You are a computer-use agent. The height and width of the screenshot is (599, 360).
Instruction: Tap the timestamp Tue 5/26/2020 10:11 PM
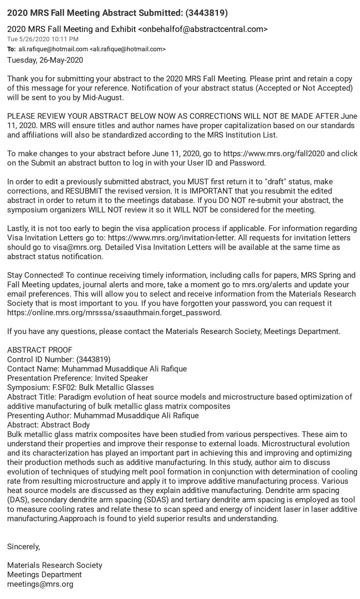click(x=43, y=39)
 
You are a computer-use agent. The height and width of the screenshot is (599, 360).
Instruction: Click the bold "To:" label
click(x=11, y=49)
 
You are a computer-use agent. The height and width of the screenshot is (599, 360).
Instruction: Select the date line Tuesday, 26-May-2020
click(x=45, y=60)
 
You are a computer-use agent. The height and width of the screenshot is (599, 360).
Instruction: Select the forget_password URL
click(x=114, y=312)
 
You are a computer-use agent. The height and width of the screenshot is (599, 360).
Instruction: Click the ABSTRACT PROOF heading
click(x=40, y=350)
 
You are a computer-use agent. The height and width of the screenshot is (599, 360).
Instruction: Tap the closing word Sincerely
click(x=24, y=547)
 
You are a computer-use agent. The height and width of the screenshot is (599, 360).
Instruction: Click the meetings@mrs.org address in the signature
click(x=40, y=584)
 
